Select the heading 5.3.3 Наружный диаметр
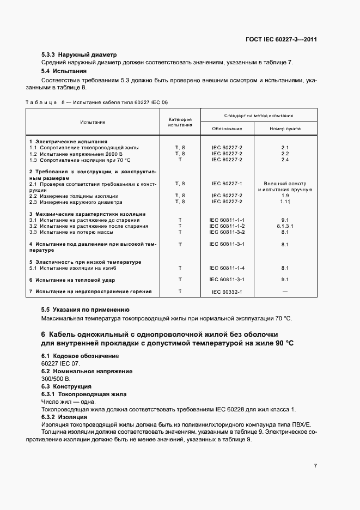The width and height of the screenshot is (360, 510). tap(80, 54)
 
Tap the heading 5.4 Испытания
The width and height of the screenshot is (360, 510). tap(64, 71)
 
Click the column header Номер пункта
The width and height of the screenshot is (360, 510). tap(285, 129)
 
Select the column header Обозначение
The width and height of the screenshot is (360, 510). tap(227, 129)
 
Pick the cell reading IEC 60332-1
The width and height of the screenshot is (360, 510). tap(227, 292)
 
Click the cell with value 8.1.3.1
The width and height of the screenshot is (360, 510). tap(285, 226)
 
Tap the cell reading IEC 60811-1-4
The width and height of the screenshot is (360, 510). tap(227, 268)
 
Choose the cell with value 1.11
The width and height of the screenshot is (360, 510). tap(285, 202)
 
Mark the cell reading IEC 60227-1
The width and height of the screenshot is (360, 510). tap(227, 184)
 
